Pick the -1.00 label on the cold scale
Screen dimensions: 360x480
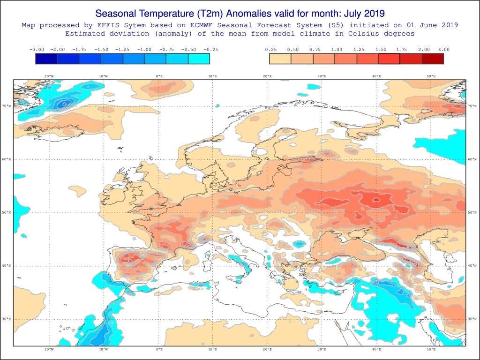point(145,49)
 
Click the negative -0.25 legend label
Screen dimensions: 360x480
point(210,49)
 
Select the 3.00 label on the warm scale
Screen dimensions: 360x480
point(443,49)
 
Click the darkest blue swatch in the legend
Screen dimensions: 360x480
point(46,59)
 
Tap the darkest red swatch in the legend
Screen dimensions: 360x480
point(433,59)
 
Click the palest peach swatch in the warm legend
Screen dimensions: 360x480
point(280,59)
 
